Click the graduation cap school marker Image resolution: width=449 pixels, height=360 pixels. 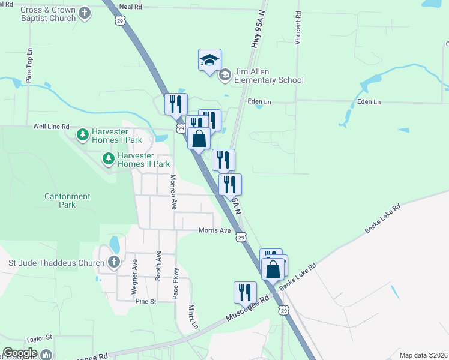click(210, 61)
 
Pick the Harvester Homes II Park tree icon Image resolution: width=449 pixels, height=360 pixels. click(108, 159)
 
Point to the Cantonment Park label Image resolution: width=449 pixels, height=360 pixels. click(67, 200)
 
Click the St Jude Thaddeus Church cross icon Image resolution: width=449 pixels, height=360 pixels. click(114, 262)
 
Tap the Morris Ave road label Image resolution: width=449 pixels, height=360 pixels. click(214, 230)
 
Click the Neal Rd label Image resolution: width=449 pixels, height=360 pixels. click(130, 7)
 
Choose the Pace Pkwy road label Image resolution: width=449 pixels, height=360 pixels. click(175, 284)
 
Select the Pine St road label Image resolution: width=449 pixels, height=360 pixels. click(145, 301)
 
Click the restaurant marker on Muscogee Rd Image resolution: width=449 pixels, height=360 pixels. click(245, 292)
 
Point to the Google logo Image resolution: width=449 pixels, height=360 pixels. click(20, 353)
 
